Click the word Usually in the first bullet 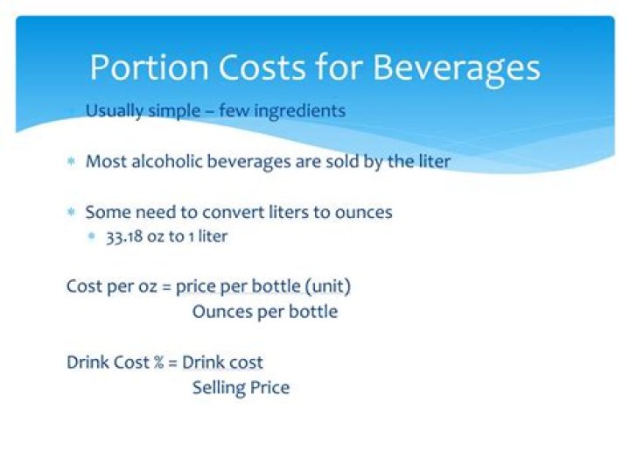(x=114, y=111)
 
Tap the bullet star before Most (x=73, y=163)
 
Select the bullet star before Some (x=73, y=213)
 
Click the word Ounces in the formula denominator (x=222, y=312)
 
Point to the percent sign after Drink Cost (x=159, y=363)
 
